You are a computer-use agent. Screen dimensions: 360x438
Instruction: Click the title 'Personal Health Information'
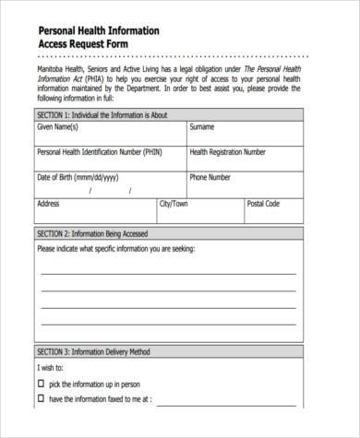[x=98, y=30]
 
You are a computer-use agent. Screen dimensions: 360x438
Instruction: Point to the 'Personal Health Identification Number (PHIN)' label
[x=101, y=152]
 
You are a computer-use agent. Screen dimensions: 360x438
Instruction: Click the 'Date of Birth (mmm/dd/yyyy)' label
[x=78, y=177]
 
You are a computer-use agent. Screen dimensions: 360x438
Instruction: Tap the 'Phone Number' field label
[x=211, y=177]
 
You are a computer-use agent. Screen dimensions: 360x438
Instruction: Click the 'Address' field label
[x=48, y=203]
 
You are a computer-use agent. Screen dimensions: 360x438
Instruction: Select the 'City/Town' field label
[x=174, y=203]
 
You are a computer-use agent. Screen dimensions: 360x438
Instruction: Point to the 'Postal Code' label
[x=263, y=203]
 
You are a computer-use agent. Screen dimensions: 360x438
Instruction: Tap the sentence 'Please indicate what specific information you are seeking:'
[x=128, y=248]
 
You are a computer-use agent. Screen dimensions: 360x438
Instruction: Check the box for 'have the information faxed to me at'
[x=41, y=400]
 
